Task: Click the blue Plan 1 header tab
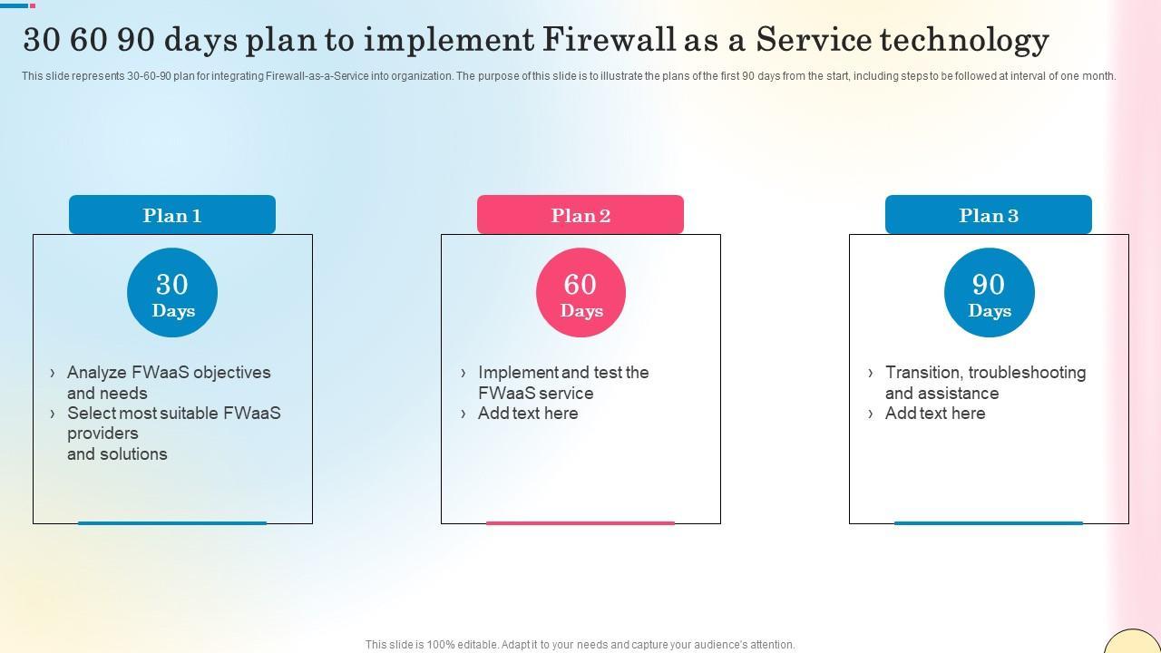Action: click(172, 215)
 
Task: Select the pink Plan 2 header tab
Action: click(580, 215)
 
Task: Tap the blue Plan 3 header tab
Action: click(989, 215)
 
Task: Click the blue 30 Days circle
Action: click(172, 293)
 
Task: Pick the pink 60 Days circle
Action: click(581, 293)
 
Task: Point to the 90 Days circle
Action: click(990, 293)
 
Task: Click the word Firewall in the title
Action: click(609, 39)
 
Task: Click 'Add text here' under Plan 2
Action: click(528, 414)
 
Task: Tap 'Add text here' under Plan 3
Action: click(935, 414)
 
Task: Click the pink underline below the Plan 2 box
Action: click(580, 523)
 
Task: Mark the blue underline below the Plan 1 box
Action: click(172, 523)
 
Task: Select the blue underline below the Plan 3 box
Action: click(989, 523)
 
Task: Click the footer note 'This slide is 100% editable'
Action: click(580, 645)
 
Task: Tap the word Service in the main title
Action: click(814, 39)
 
